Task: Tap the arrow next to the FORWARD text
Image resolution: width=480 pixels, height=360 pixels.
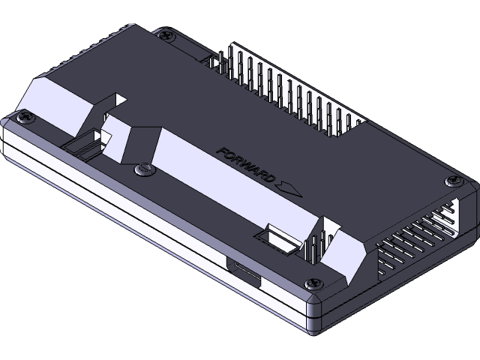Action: pyautogui.click(x=288, y=187)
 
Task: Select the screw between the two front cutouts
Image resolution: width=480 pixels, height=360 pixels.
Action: pyautogui.click(x=142, y=170)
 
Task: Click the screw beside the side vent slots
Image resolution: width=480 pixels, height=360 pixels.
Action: pyautogui.click(x=453, y=181)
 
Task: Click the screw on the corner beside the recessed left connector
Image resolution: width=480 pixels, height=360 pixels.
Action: pyautogui.click(x=27, y=117)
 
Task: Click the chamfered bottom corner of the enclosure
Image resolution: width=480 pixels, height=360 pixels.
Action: pyautogui.click(x=313, y=319)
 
